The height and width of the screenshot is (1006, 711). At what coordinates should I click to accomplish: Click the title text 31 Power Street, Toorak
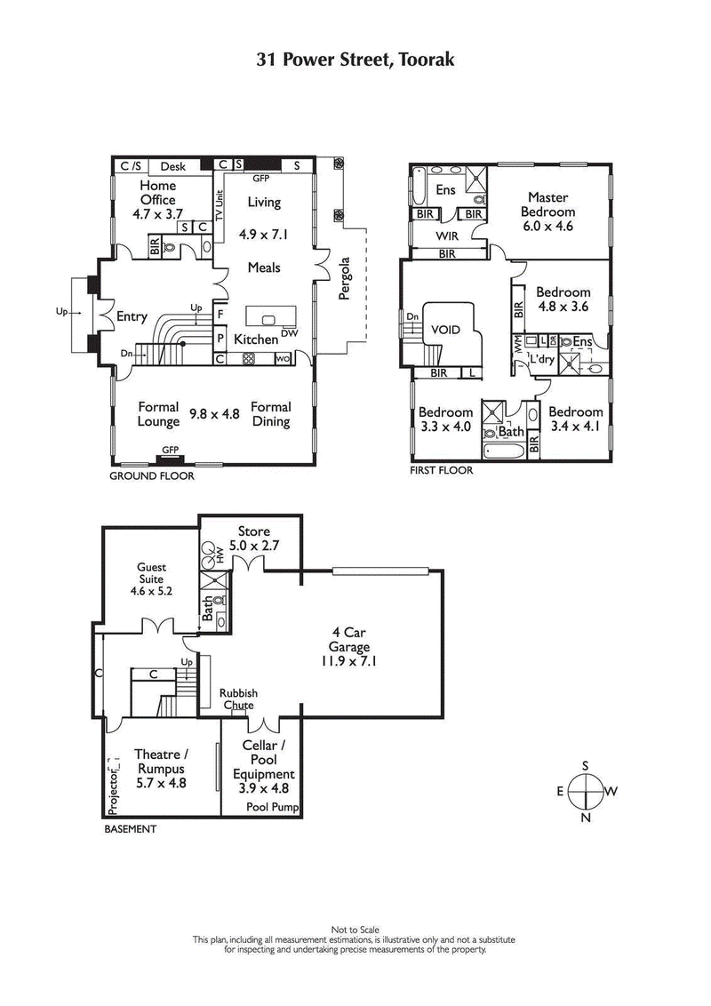(x=355, y=60)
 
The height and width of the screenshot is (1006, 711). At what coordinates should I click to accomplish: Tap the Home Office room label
(x=158, y=193)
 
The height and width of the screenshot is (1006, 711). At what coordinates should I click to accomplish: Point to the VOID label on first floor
(x=445, y=329)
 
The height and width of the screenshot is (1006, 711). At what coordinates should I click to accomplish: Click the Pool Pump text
(x=273, y=808)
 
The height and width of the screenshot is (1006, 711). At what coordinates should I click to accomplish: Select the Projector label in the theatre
(x=112, y=786)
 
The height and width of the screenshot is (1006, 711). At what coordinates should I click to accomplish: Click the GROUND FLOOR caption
(x=151, y=476)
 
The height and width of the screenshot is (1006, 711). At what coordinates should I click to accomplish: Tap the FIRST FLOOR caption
(x=441, y=470)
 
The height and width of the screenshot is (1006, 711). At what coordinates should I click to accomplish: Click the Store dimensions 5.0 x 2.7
(x=253, y=546)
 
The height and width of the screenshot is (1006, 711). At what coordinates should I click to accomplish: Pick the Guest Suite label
(x=151, y=573)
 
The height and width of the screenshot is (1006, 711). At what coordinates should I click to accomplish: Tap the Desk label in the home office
(x=172, y=166)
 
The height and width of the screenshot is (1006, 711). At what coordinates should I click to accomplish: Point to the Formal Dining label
(x=271, y=414)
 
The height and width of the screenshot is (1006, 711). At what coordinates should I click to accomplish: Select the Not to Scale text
(x=355, y=929)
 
